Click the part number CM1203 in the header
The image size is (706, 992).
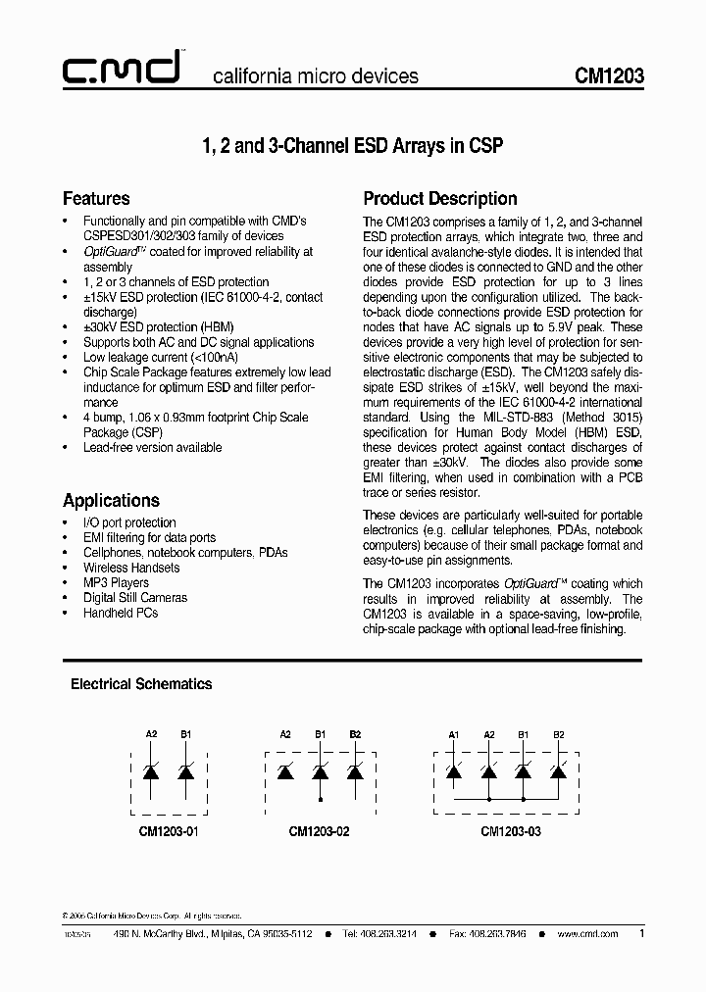pyautogui.click(x=609, y=75)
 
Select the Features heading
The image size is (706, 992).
pyautogui.click(x=96, y=199)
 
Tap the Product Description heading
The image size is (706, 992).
pyautogui.click(x=440, y=199)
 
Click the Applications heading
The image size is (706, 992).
pyautogui.click(x=111, y=500)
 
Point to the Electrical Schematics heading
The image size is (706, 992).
pyautogui.click(x=140, y=684)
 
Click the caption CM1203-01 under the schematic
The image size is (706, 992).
pyautogui.click(x=168, y=830)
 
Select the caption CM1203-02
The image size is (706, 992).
pyautogui.click(x=319, y=830)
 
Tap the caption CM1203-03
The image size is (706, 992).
pyautogui.click(x=509, y=830)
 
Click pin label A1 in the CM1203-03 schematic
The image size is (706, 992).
pyautogui.click(x=453, y=733)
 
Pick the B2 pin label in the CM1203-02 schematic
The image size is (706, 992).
pyautogui.click(x=355, y=733)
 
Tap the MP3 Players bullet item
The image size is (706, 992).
pyautogui.click(x=116, y=582)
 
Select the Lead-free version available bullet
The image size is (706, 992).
pyautogui.click(x=152, y=447)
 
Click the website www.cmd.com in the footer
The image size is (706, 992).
pyautogui.click(x=587, y=934)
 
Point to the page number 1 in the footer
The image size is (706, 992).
pyautogui.click(x=641, y=933)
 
